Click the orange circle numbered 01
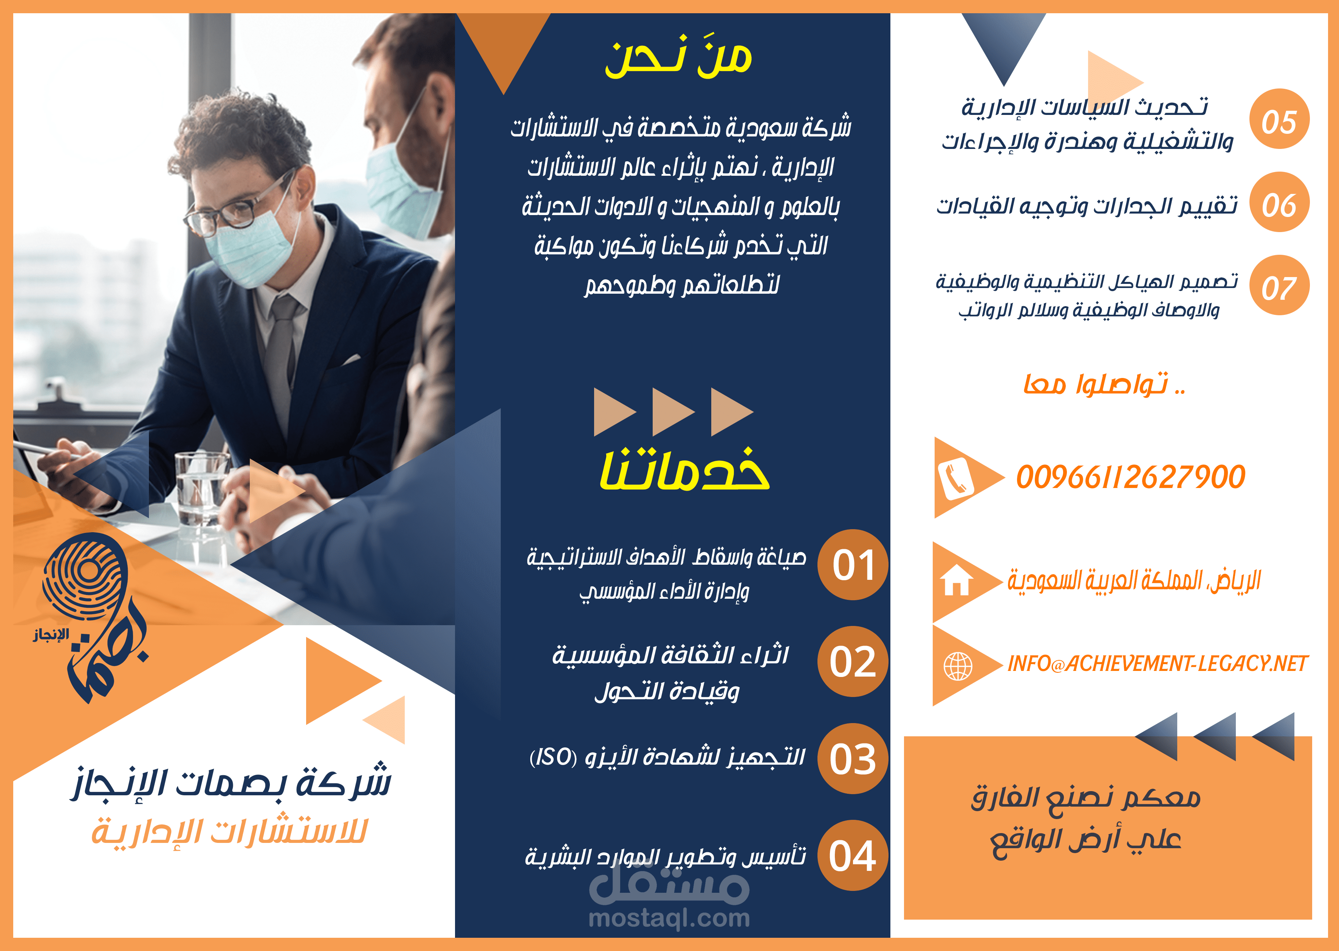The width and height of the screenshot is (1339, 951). (x=853, y=565)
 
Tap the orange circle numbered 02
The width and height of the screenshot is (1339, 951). (x=853, y=662)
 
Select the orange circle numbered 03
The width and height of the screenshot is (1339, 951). (x=853, y=759)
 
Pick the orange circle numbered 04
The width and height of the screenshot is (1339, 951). (x=853, y=855)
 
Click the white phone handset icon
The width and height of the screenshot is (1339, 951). (x=955, y=479)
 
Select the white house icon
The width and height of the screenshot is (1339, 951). (x=956, y=580)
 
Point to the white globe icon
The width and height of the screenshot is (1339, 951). (x=958, y=666)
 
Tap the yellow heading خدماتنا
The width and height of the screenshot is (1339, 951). (x=684, y=470)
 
